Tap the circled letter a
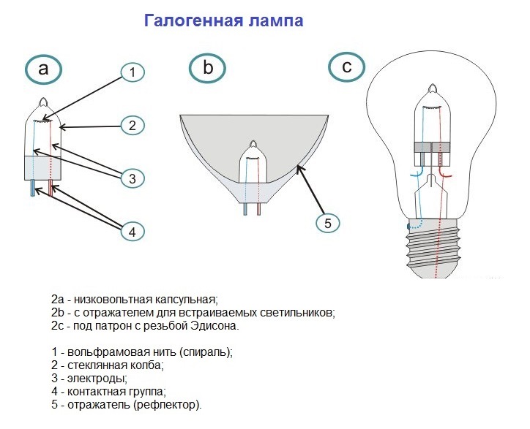(x=42, y=69)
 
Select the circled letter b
(x=207, y=69)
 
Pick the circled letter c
(x=347, y=67)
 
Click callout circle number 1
(x=132, y=72)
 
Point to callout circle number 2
(x=132, y=126)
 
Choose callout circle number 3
(x=132, y=178)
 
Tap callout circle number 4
(x=132, y=231)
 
